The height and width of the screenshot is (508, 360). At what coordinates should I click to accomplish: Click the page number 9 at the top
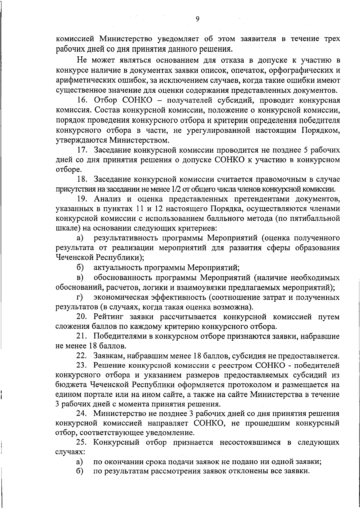pos(197,19)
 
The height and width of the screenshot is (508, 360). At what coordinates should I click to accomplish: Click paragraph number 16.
pos(82,101)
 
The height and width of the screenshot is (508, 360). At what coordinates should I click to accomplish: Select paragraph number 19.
pos(82,199)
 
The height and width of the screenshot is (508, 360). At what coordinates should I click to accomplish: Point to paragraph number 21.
pos(82,336)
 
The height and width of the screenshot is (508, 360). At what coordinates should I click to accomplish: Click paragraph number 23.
pos(82,366)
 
